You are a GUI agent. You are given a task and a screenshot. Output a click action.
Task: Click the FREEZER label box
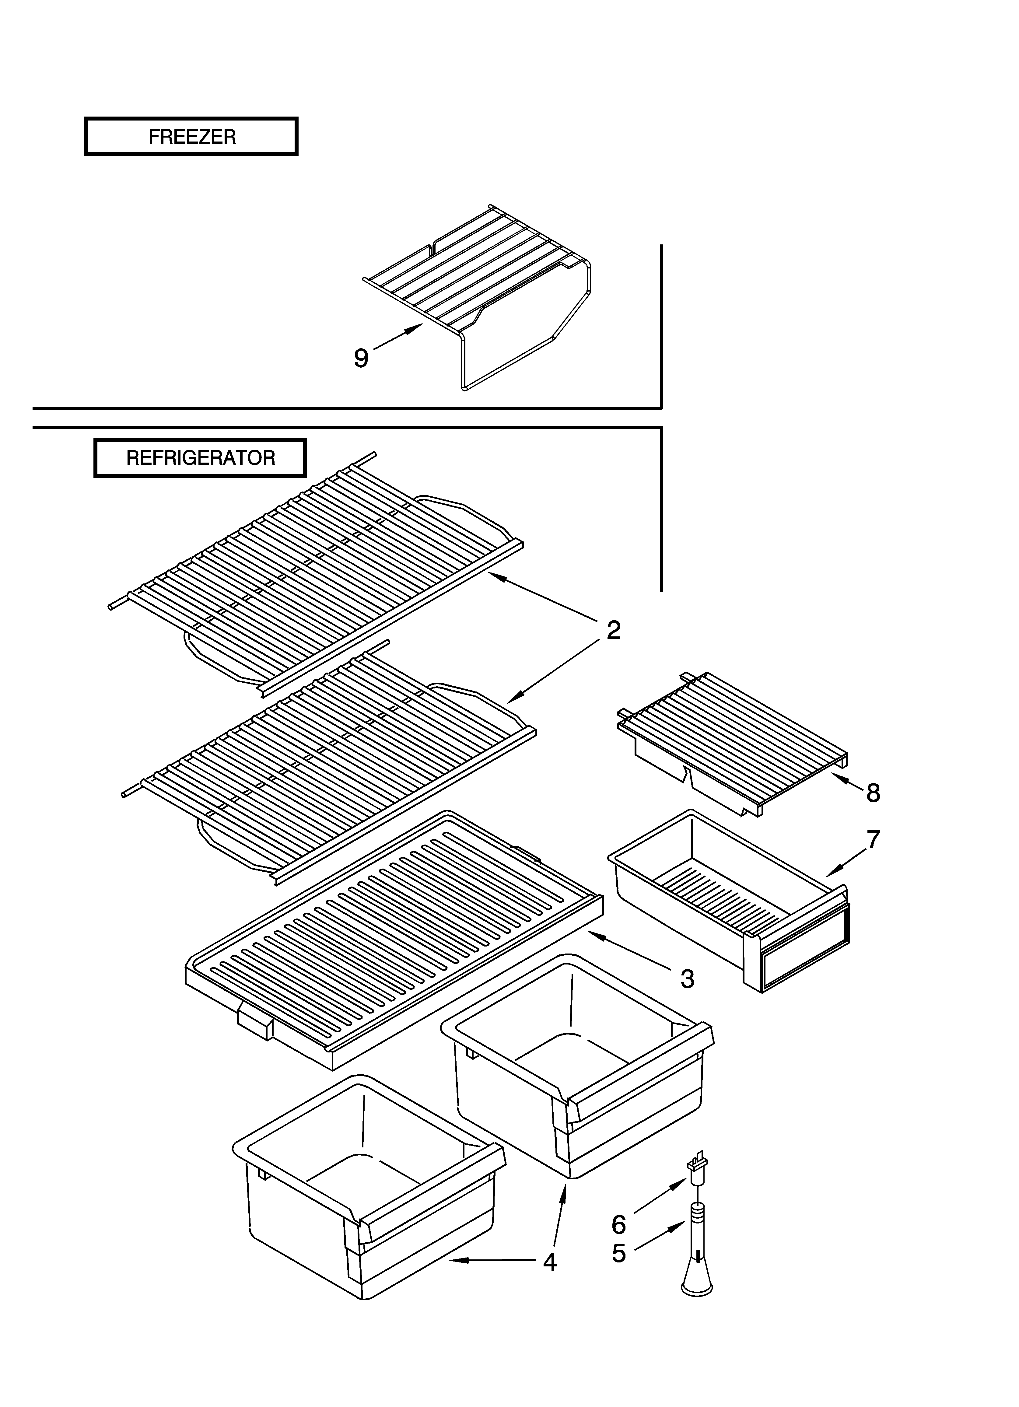click(x=191, y=136)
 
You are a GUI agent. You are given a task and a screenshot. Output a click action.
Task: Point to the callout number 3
click(x=687, y=979)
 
